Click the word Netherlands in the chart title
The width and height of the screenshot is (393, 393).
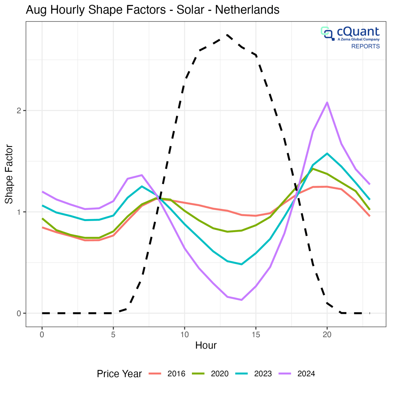247,10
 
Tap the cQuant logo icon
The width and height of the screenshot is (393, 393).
327,32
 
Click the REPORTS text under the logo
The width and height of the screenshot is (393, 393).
365,46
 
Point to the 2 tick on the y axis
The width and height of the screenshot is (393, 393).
19,111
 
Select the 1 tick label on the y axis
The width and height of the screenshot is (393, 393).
19,212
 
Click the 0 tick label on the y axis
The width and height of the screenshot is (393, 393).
19,313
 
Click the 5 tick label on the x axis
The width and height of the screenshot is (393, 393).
113,334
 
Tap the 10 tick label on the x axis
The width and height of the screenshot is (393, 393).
184,334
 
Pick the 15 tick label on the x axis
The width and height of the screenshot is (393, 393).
256,334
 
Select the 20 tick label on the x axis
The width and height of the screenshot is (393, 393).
327,334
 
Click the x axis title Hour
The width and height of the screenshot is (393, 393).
206,345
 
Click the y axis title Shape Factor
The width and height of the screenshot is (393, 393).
9,174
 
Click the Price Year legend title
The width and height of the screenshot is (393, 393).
119,374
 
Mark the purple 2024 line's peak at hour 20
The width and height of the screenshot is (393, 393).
327,103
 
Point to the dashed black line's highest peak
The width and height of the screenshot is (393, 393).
227,35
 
